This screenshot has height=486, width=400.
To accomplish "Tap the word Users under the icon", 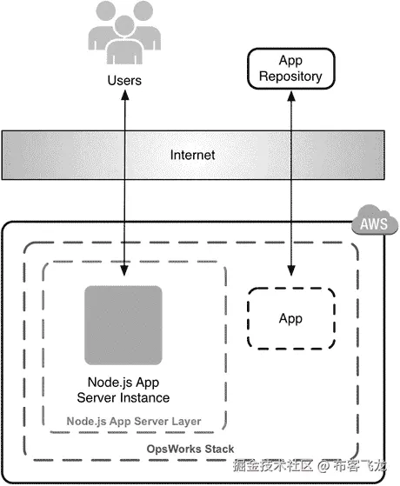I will click(x=123, y=81).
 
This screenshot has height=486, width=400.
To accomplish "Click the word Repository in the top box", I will click(x=290, y=77).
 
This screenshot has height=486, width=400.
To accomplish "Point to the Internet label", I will click(x=191, y=156).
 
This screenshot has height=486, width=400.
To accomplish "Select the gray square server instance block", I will click(x=123, y=324).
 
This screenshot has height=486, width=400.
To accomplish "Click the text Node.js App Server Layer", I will click(x=134, y=422).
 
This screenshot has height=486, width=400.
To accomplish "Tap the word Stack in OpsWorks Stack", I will click(x=217, y=448).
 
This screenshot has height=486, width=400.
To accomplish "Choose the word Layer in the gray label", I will click(x=184, y=422).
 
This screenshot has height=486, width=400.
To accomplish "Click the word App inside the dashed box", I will click(x=290, y=318).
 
